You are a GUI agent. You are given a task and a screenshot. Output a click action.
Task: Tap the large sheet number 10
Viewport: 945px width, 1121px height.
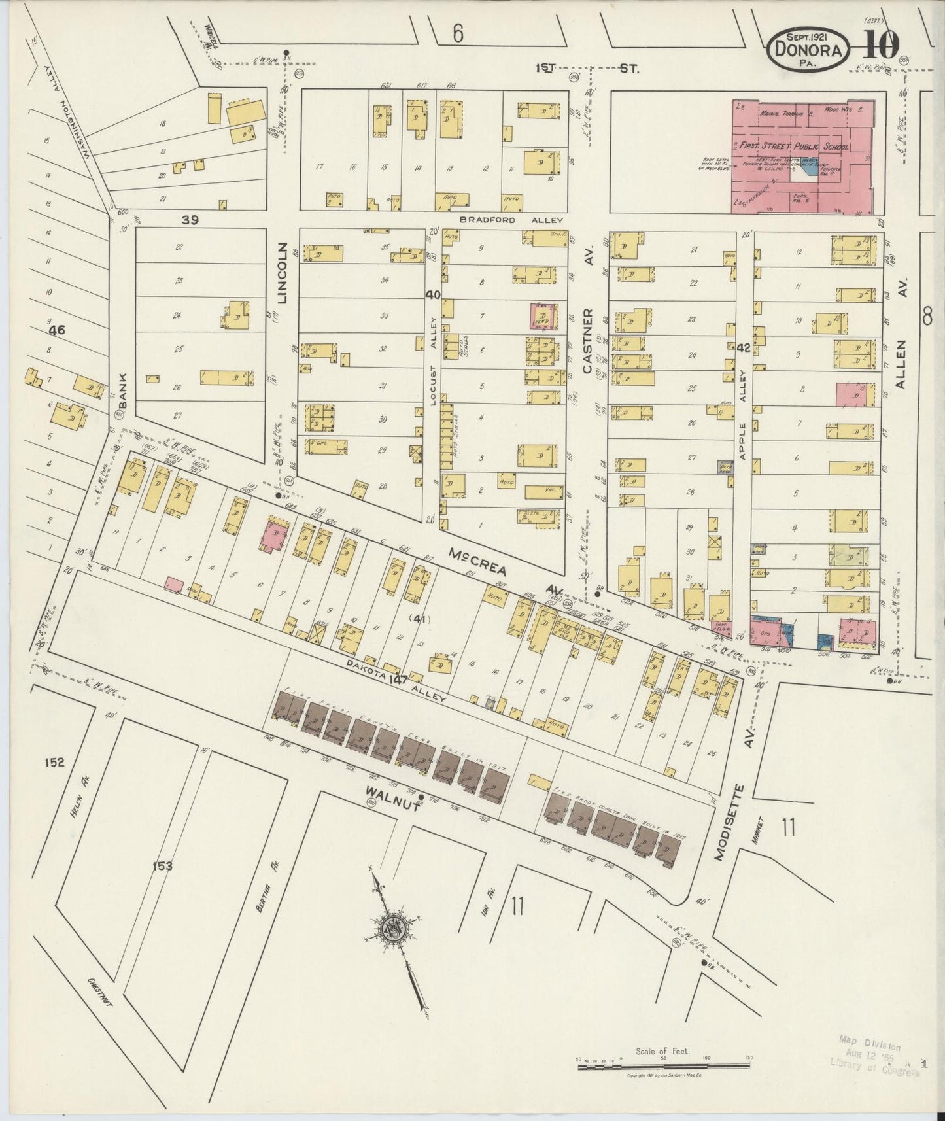pyautogui.click(x=880, y=46)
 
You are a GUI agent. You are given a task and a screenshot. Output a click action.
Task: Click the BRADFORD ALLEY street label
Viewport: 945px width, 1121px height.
pyautogui.click(x=506, y=220)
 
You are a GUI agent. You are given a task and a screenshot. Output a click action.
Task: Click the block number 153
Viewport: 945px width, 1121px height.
pyautogui.click(x=162, y=866)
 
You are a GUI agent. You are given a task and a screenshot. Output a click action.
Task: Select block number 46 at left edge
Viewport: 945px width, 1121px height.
pyautogui.click(x=57, y=330)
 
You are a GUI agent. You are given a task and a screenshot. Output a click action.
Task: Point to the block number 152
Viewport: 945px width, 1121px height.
pyautogui.click(x=55, y=762)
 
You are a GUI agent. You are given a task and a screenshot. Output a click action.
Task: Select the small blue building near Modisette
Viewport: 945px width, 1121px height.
pyautogui.click(x=825, y=642)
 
